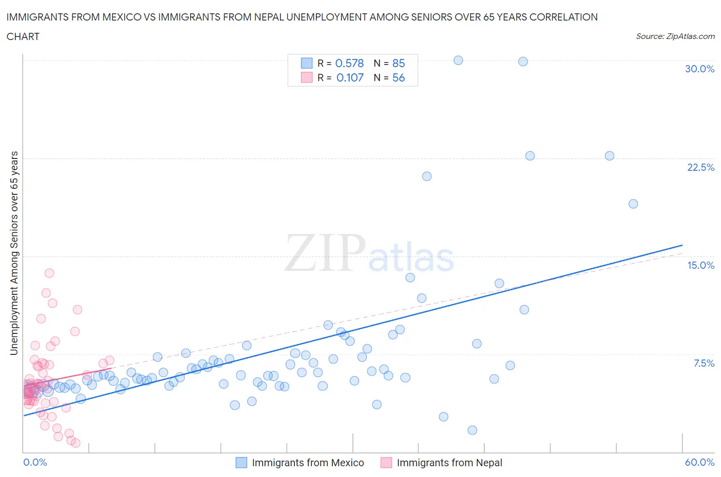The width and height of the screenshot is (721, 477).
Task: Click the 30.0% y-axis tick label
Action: point(699,69)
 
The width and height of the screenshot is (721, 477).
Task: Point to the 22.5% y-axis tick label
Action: point(700,167)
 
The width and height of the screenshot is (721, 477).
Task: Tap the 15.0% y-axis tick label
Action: point(700,265)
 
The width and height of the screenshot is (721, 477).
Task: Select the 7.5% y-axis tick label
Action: point(704,363)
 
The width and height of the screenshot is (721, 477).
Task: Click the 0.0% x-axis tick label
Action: point(35,462)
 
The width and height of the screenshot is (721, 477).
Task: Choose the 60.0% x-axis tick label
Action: point(699,462)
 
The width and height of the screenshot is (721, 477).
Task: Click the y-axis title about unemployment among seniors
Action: point(14,253)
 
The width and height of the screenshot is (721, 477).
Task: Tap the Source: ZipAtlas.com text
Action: point(675,36)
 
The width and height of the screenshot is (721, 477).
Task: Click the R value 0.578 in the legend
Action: point(349,63)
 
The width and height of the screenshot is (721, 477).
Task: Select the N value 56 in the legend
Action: point(398,77)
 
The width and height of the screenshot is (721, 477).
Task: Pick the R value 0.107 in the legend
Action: point(350,77)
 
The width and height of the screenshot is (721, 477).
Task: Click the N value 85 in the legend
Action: point(398,63)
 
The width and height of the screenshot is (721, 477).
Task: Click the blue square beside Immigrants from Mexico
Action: point(241,463)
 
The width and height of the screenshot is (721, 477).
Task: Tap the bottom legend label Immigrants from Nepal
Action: point(449,463)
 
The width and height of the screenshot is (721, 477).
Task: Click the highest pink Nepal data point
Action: point(49,273)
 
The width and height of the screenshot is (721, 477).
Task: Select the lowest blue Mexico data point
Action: point(472,430)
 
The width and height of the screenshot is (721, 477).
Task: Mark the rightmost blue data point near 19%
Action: point(633,204)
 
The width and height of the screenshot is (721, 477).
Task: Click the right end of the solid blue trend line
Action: point(682,245)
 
